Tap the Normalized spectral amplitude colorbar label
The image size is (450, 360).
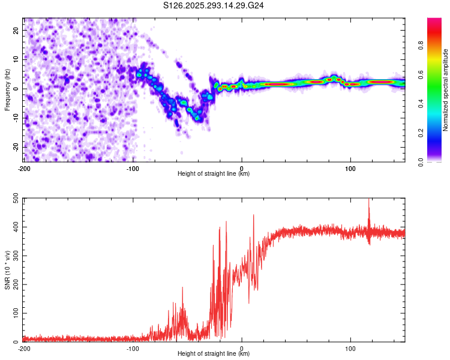445,90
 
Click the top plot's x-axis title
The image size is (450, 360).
214,173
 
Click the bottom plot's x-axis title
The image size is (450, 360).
214,353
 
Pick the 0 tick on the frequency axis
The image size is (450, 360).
19,89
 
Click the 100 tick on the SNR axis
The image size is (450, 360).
14,313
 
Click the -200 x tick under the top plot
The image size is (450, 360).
24,167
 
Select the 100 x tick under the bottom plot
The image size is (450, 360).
350,347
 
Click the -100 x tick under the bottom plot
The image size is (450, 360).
133,347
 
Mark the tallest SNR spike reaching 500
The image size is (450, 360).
369,200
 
